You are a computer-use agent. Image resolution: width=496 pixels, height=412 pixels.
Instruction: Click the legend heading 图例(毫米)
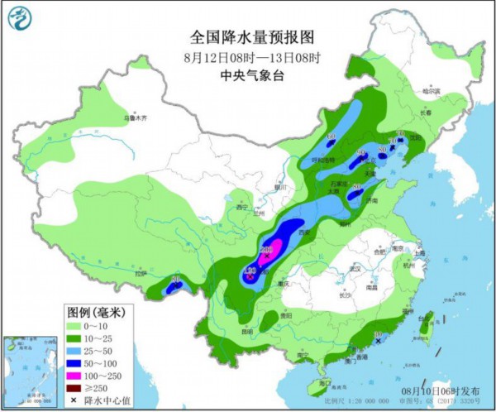tap(95, 312)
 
